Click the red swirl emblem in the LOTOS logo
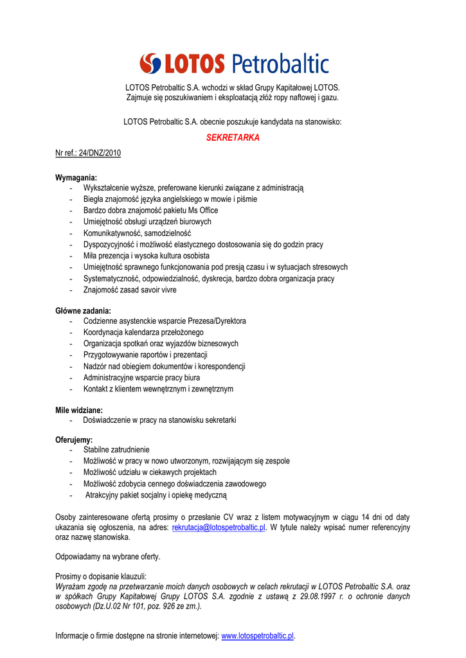point(152,64)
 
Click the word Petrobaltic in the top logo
point(280,64)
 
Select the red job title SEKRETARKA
point(232,138)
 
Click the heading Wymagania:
point(76,177)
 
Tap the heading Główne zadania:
point(83,310)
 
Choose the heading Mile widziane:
point(79,409)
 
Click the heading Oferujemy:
point(74,440)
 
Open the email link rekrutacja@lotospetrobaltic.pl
point(219,527)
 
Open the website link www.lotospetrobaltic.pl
point(257,636)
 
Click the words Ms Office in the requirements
point(203,210)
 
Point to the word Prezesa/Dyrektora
point(215,321)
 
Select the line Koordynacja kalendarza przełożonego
point(143,332)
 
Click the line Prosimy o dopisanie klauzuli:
point(101,576)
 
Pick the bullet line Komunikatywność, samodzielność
point(137,233)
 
